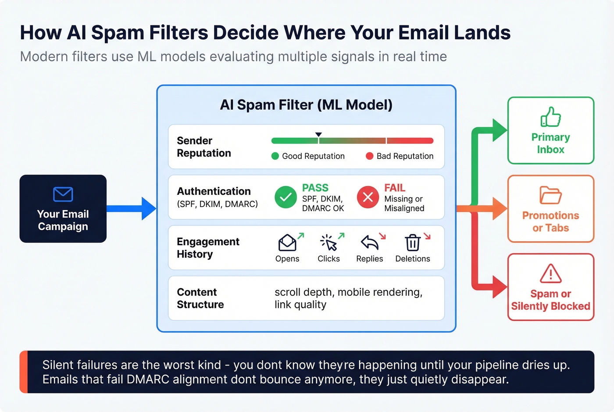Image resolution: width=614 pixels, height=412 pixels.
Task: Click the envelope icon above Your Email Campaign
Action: point(63,194)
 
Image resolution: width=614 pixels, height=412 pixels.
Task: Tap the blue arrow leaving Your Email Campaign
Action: point(132,208)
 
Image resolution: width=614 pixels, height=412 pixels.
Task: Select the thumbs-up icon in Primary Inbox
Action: point(550,117)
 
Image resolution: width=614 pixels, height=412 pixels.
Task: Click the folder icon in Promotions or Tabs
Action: point(550,195)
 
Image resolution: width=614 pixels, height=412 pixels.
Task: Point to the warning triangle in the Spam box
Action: point(550,274)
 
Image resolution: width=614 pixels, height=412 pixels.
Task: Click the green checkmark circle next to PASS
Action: point(286,197)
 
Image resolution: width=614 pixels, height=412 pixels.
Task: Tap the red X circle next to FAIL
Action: point(368,197)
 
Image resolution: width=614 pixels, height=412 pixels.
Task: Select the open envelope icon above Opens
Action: point(287,243)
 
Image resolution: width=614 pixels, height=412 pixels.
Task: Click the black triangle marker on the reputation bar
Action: point(318,135)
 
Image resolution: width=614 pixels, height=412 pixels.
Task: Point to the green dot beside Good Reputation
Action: point(275,156)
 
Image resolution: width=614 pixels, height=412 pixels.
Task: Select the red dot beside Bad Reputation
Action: point(369,156)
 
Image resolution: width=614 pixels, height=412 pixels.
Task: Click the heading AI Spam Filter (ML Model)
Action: point(306,105)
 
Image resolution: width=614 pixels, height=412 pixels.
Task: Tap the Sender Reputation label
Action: point(203,147)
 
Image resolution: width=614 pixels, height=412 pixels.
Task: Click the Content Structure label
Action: point(200,298)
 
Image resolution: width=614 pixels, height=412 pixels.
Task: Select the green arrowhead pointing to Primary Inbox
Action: point(499,130)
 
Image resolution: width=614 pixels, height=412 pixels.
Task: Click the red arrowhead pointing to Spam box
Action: point(499,287)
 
